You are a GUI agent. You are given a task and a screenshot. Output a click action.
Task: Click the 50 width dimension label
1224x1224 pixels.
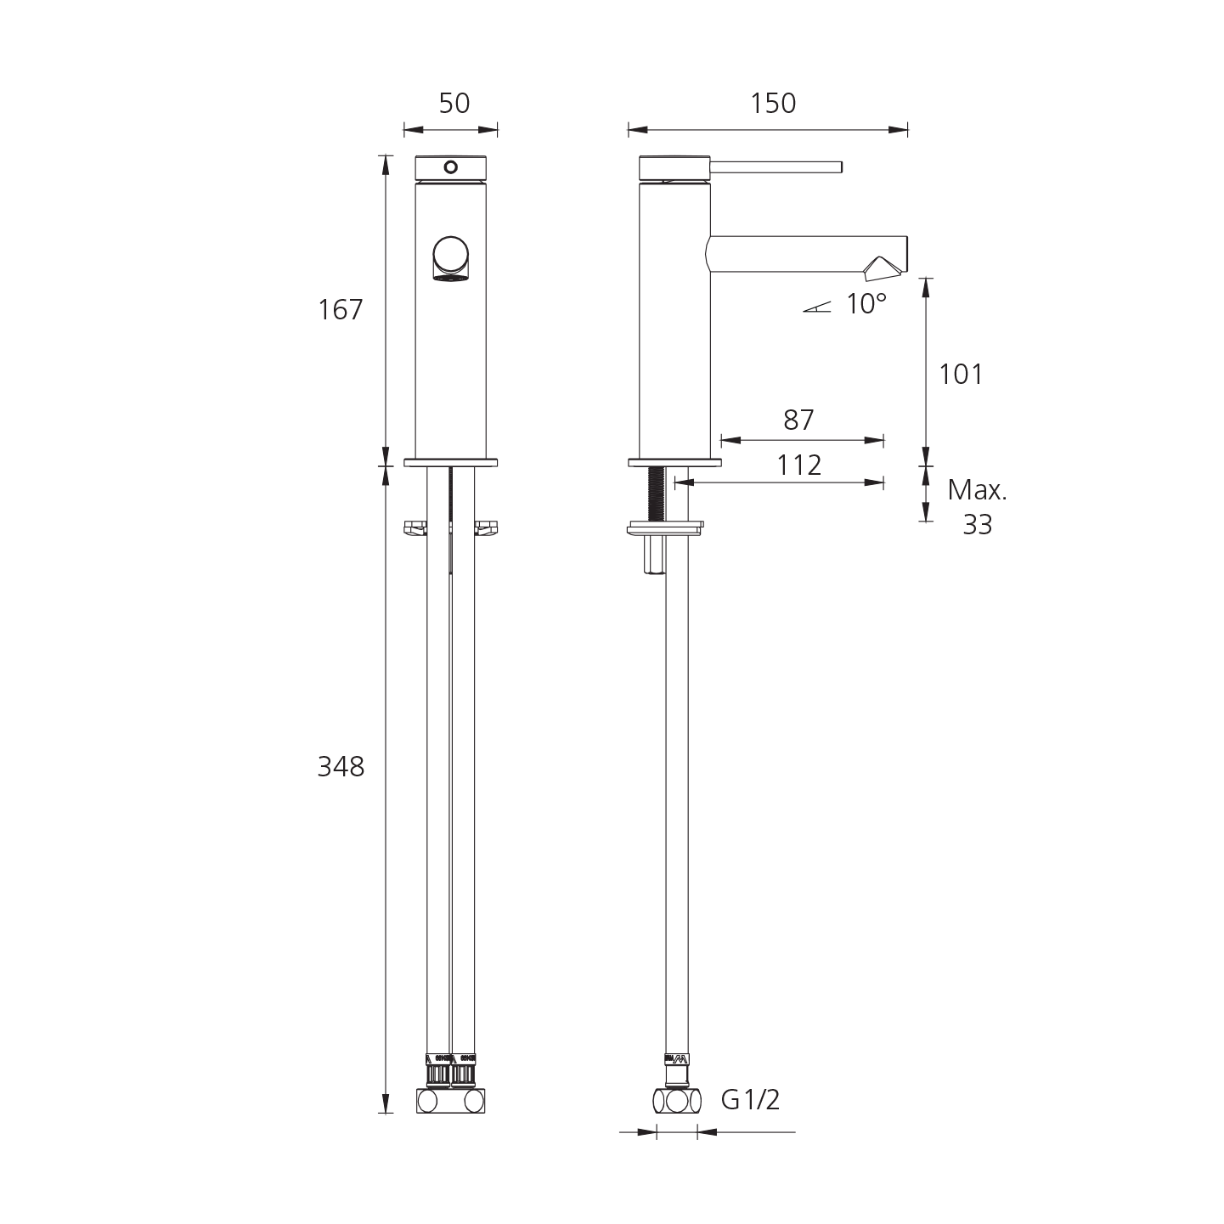pos(454,104)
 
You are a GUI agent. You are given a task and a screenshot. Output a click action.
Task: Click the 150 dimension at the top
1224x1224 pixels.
pos(774,104)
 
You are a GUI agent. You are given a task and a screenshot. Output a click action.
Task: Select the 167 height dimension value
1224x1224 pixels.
pos(341,310)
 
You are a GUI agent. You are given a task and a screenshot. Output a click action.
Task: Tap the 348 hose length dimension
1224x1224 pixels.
pos(341,767)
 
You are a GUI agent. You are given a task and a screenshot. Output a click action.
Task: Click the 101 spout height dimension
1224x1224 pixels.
pos(961,374)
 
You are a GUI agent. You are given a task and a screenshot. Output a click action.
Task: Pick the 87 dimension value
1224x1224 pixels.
pos(798,420)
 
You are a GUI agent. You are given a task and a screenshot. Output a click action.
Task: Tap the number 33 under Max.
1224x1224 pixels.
pos(977,525)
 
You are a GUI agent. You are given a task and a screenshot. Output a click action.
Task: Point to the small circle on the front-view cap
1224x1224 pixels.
pos(451,167)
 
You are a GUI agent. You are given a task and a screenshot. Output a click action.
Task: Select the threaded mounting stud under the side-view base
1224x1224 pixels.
pos(656,496)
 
